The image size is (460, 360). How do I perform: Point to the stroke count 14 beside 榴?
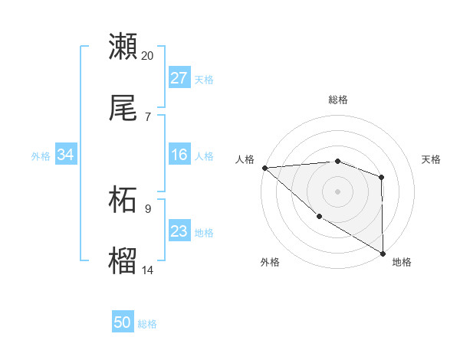148,270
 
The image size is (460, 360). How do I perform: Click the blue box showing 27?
179,78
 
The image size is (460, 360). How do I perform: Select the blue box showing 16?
179,155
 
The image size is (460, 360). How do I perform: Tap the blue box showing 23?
179,231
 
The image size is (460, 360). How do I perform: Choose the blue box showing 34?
65,155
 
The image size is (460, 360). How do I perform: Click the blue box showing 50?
123,322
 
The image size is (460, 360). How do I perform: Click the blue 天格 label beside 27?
204,79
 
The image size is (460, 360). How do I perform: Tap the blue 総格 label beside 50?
147,324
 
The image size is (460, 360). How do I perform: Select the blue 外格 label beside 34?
41,155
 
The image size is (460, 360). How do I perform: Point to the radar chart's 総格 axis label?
337,100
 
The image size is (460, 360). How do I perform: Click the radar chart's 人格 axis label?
245,159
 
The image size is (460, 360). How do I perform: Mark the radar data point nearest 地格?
382,253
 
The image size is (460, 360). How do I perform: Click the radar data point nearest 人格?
264,168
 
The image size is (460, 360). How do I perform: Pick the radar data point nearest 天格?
381,178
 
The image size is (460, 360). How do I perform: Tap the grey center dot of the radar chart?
337,191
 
